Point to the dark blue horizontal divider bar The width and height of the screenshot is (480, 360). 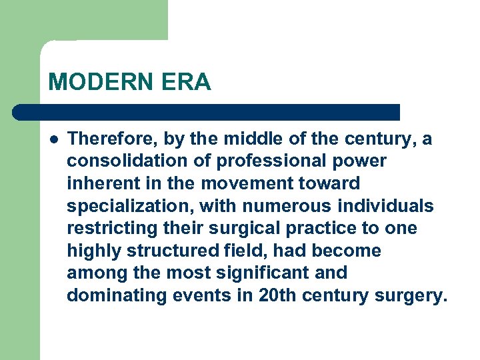pos(207,112)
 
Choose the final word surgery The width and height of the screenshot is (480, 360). pos(407,295)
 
